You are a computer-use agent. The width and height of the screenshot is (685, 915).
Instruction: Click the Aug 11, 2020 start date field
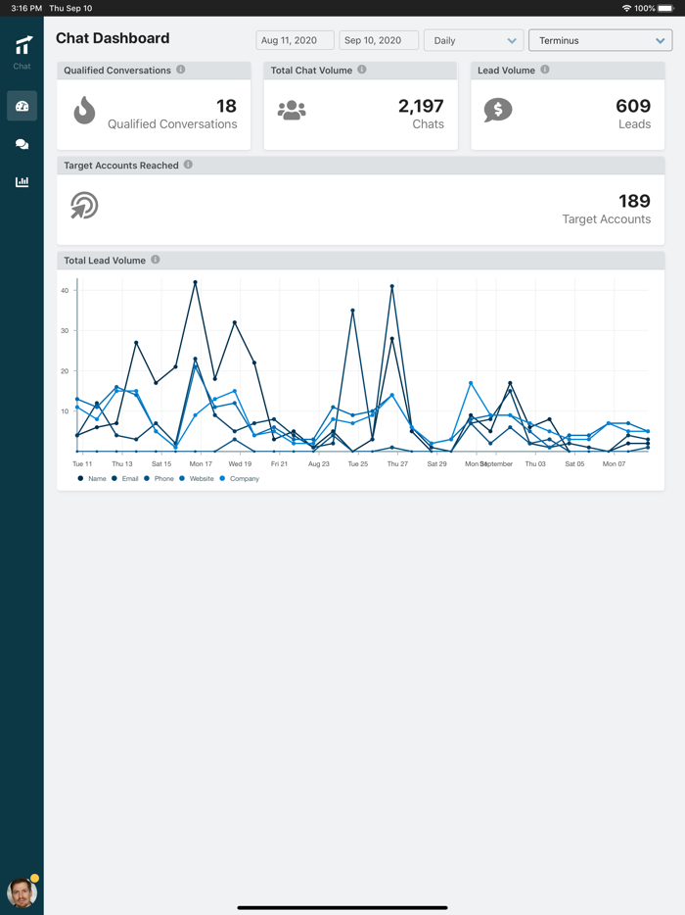click(x=295, y=40)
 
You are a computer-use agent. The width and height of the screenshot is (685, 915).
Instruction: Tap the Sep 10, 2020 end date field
click(x=379, y=40)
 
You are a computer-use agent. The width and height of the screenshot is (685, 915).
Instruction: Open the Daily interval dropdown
click(x=474, y=40)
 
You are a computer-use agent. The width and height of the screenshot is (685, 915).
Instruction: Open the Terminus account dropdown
click(x=600, y=40)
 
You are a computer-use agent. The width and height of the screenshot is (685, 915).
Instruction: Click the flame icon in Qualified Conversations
click(x=84, y=111)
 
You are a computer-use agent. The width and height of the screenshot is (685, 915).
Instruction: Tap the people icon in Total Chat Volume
click(x=292, y=111)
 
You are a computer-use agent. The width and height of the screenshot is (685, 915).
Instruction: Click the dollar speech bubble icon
click(x=498, y=110)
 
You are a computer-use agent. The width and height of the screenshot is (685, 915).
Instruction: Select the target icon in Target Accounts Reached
click(x=84, y=205)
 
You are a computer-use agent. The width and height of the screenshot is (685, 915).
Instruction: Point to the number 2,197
click(x=421, y=106)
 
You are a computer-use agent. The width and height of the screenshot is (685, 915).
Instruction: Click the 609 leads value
click(x=633, y=106)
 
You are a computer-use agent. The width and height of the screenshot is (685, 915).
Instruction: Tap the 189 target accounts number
click(x=634, y=201)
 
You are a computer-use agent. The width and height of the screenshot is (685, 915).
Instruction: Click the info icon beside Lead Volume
click(x=545, y=70)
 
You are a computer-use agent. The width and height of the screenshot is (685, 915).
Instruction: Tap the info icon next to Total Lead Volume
click(x=156, y=260)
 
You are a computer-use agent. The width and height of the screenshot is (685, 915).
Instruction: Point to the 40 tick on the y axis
click(x=65, y=290)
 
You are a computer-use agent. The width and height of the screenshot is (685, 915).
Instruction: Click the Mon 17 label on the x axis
click(x=201, y=463)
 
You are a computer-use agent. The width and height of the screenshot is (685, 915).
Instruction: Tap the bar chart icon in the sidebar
click(x=22, y=182)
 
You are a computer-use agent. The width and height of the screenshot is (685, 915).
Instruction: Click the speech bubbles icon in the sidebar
click(x=22, y=144)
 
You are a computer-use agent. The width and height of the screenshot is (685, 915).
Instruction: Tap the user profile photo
click(x=22, y=891)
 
